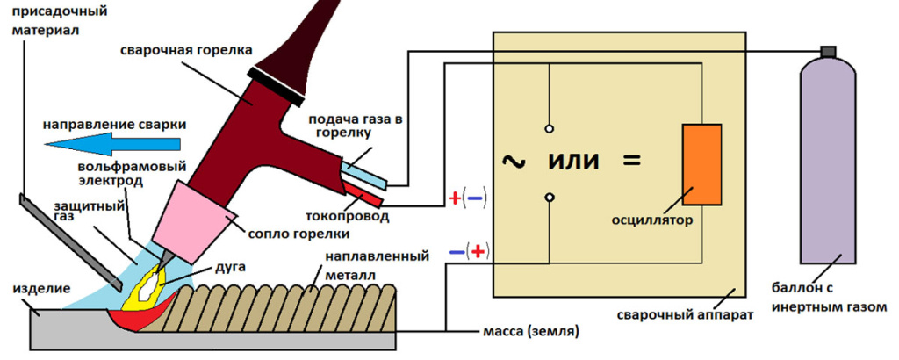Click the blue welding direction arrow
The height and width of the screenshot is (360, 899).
[x=114, y=143]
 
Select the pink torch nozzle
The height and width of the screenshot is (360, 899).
[x=195, y=217]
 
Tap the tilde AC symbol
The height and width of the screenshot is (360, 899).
[x=511, y=161]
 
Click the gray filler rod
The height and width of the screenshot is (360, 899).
[x=70, y=241]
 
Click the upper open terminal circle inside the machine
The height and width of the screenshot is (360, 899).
[x=549, y=124]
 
